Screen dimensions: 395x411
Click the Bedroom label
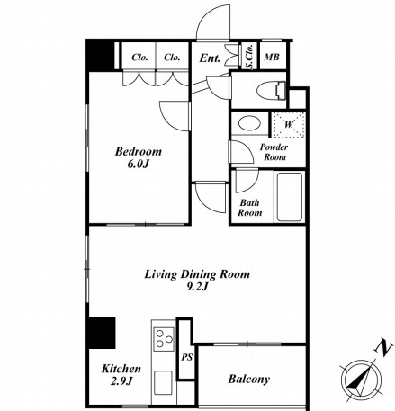point(139,151)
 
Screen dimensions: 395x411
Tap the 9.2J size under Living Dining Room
point(197,287)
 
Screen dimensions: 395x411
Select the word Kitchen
point(121,369)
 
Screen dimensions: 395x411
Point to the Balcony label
point(249,380)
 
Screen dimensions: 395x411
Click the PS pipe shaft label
point(186,357)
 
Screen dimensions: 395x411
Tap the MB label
point(272,57)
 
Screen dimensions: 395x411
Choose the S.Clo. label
point(249,57)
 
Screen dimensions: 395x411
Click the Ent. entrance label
point(210,58)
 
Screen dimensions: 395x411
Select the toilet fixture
point(271,90)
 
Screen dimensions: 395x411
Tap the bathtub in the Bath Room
point(289,197)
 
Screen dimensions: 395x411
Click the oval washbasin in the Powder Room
point(249,123)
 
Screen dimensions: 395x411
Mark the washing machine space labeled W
point(288,124)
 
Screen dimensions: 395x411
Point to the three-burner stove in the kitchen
point(164,339)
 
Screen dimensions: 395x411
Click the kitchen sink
point(163,383)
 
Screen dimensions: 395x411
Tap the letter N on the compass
point(383,347)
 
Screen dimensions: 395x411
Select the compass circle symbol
point(361,379)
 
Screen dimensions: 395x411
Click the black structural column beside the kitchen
point(101,333)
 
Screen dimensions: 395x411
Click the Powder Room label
point(274,152)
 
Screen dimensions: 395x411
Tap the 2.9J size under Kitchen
point(121,381)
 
